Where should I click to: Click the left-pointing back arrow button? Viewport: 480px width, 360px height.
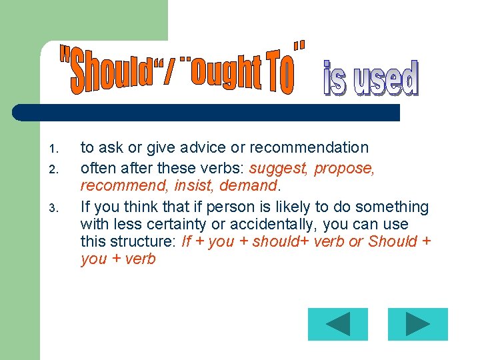pyautogui.click(x=337, y=324)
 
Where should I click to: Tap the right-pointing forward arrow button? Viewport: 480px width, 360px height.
pyautogui.click(x=417, y=324)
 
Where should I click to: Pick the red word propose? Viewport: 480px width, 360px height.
pyautogui.click(x=345, y=168)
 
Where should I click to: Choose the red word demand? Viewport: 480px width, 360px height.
pyautogui.click(x=248, y=185)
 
